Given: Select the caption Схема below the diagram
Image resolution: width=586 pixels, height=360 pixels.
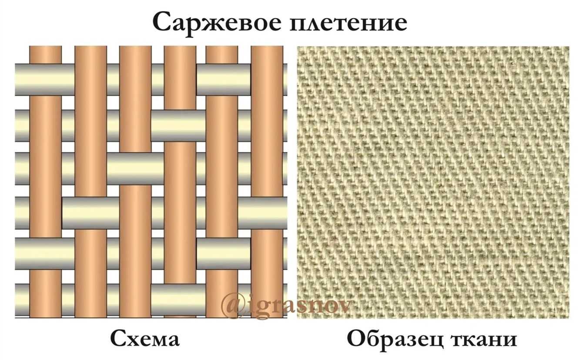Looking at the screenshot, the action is point(145,339).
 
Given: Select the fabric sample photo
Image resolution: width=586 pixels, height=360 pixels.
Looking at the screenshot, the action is point(433,182).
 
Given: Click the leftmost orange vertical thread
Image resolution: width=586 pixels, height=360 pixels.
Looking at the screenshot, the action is point(46,182).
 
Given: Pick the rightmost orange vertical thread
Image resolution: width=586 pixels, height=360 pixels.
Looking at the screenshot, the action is point(267,182).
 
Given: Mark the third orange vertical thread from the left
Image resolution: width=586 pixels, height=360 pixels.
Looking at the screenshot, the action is point(135,182).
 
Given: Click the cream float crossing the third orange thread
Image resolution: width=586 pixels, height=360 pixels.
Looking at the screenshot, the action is point(135,169).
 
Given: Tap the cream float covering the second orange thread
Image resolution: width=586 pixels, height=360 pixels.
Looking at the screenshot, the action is point(90,213).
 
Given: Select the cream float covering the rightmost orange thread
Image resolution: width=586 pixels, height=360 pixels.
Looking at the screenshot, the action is point(263,213).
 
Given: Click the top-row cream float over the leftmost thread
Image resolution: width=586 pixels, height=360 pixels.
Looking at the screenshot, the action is point(45,80).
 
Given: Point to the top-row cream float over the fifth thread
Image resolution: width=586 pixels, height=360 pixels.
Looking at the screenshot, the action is point(224,80).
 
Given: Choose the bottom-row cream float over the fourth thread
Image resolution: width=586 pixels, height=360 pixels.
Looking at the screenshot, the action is point(178,300).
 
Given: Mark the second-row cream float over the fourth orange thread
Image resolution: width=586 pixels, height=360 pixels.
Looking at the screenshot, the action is point(178,126).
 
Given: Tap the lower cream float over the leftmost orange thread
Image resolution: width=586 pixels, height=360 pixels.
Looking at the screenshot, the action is point(45,254).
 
